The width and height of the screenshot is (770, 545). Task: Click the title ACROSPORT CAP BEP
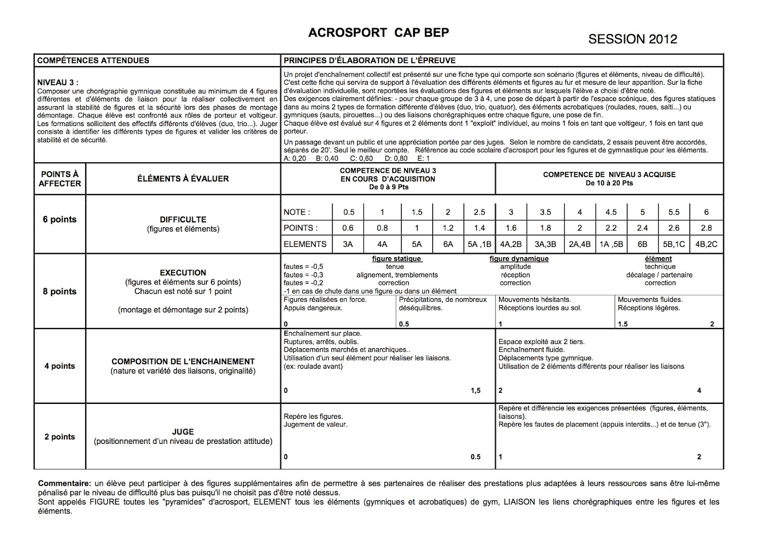[x=378, y=33]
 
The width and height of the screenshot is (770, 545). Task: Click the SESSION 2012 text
[x=632, y=39]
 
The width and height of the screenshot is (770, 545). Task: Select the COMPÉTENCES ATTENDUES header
[x=93, y=61]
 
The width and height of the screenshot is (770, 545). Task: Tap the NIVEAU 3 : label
[x=58, y=83]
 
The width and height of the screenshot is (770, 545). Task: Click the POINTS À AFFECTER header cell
[x=60, y=179]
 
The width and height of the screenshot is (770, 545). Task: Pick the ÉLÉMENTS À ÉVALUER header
[x=183, y=179]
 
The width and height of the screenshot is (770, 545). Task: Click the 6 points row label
[x=60, y=220]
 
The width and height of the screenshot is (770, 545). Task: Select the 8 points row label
[x=60, y=291]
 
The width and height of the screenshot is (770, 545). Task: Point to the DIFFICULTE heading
[x=183, y=220]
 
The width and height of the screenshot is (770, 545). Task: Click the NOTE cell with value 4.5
[x=611, y=212]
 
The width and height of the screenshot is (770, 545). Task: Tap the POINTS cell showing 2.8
[x=706, y=228]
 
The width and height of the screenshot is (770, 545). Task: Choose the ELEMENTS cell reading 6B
[x=642, y=245]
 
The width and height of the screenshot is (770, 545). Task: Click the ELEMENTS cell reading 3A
[x=347, y=245]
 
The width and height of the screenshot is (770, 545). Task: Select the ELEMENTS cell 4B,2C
[x=706, y=245]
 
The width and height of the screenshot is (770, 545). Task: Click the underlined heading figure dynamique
[x=519, y=259]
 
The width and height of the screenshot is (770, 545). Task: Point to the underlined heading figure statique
[x=397, y=259]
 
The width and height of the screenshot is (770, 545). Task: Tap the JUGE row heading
[x=183, y=432]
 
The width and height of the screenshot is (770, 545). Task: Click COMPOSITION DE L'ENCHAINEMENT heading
[x=183, y=362]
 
